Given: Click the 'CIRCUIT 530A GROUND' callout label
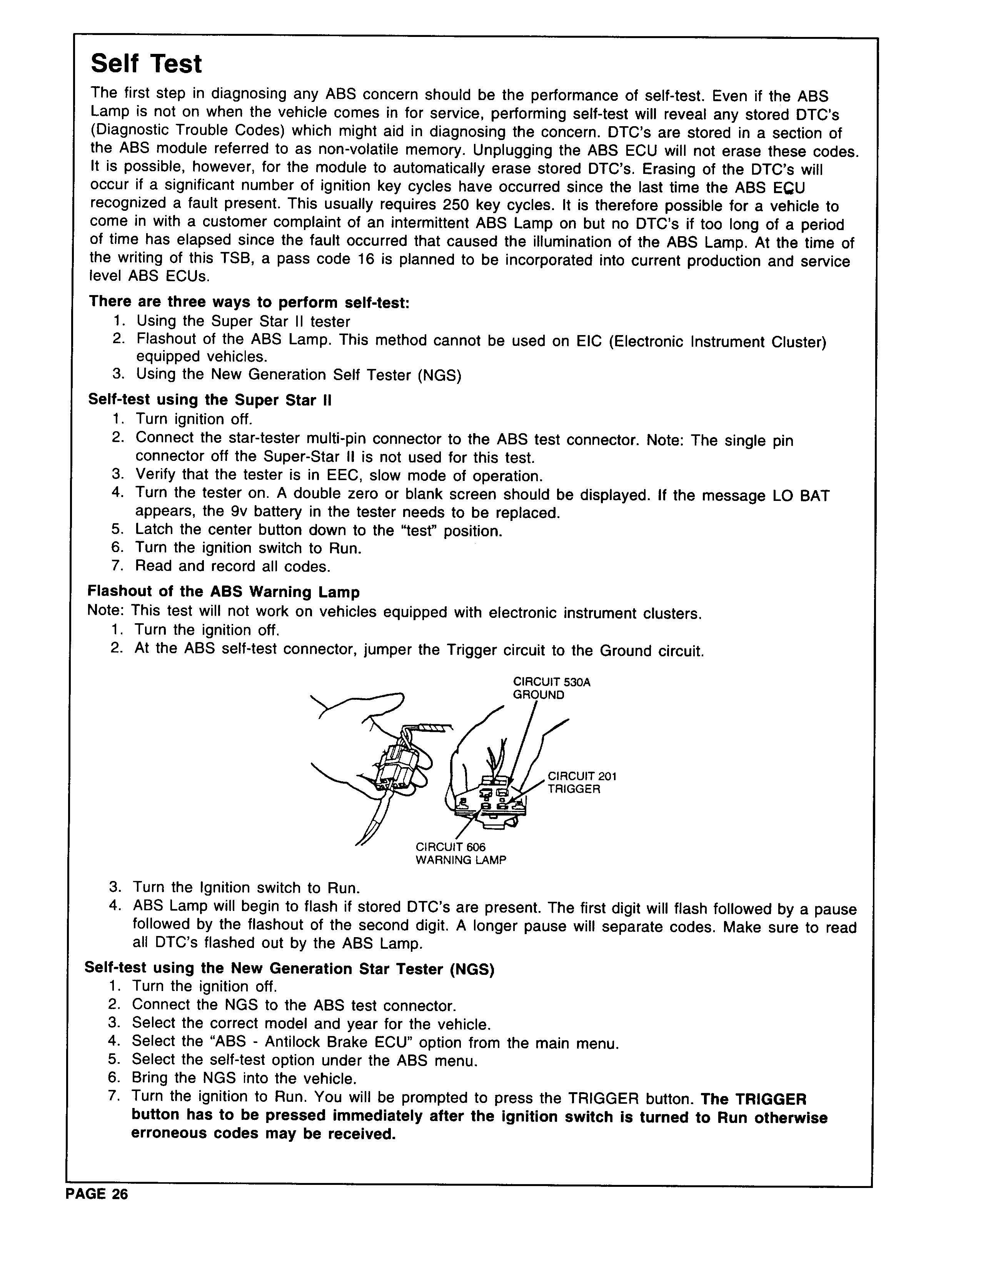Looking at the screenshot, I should pos(551,688).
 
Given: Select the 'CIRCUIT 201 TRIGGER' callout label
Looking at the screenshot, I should pos(581,782).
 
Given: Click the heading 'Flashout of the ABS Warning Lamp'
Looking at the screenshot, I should pos(223,592).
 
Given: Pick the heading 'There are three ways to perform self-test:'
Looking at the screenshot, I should pos(249,302).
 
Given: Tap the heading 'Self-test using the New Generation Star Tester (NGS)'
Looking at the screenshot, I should pos(289,968).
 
